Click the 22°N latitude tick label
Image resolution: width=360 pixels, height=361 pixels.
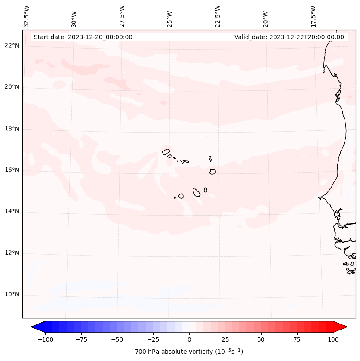coord(12,46)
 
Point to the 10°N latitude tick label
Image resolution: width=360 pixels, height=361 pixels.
coord(12,295)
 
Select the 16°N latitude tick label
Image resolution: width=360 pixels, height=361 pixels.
coord(12,170)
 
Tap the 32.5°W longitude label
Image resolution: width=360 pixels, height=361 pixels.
coord(27,16)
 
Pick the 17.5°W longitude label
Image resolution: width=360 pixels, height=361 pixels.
coord(313,16)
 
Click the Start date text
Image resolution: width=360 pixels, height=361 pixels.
coord(83,37)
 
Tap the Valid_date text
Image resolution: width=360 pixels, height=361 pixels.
coord(289,37)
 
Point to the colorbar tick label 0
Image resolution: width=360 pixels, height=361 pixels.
coord(189,339)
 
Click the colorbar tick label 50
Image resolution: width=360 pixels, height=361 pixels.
coord(261,339)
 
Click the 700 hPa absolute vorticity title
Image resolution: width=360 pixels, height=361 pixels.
coord(189,352)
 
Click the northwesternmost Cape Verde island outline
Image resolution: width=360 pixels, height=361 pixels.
coord(166,151)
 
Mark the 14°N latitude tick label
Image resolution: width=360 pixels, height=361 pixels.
coord(12,212)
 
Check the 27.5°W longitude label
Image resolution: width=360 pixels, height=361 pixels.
coord(122,16)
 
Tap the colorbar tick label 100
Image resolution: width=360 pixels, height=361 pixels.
coord(333,339)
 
